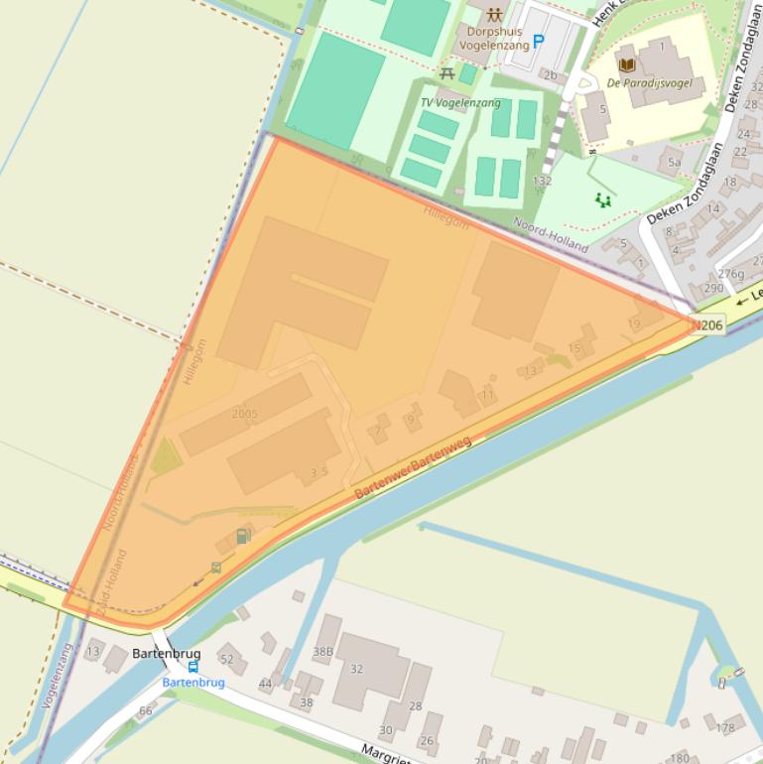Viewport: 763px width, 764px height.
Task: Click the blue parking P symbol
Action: click(539, 42)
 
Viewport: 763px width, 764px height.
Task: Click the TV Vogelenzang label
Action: click(460, 102)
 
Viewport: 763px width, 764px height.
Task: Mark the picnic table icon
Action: click(447, 74)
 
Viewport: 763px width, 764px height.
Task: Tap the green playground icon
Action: click(602, 200)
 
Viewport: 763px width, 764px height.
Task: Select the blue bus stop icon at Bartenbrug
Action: click(192, 668)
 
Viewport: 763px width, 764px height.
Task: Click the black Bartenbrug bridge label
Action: click(167, 654)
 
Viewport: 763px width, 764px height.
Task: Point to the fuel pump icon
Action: click(242, 537)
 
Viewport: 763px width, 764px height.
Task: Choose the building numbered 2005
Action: click(244, 414)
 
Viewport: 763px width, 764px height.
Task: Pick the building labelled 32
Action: click(357, 669)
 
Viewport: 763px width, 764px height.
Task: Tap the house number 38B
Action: click(323, 652)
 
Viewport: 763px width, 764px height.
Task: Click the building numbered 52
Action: click(228, 659)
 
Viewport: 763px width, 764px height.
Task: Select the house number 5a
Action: click(674, 162)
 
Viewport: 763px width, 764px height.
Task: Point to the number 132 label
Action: click(542, 181)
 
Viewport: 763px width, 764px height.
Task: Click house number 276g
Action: click(730, 274)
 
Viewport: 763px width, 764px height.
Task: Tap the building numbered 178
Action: click(725, 727)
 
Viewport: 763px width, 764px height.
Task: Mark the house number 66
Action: click(146, 710)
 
